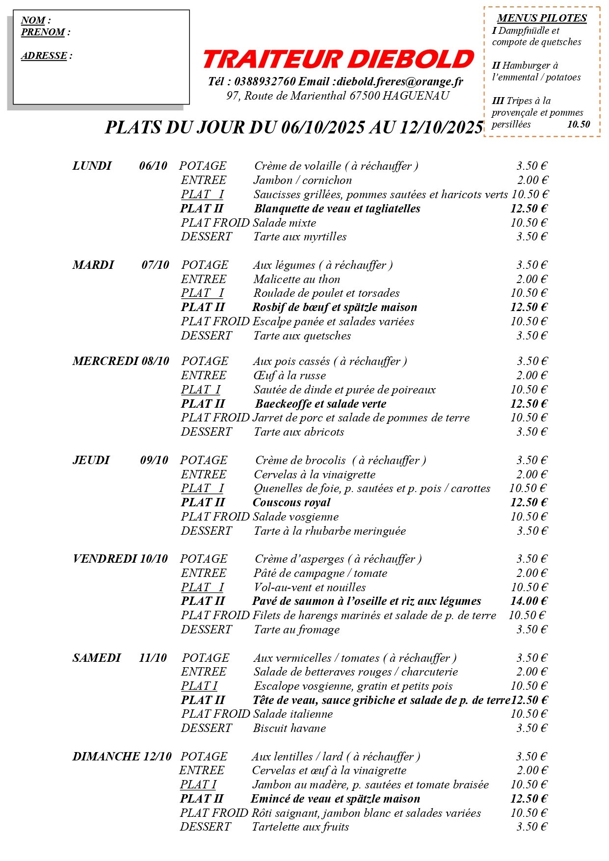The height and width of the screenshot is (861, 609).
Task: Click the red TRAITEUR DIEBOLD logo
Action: click(338, 59)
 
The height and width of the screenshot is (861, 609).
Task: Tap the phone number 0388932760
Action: click(265, 81)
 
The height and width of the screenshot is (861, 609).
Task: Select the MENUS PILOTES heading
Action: click(542, 19)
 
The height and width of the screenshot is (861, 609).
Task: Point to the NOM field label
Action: click(33, 21)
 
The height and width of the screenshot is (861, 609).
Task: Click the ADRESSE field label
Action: click(44, 56)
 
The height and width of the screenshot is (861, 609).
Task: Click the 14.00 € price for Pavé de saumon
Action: click(529, 601)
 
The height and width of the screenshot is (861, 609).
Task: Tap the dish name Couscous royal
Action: click(291, 503)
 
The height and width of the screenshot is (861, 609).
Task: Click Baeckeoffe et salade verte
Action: click(320, 404)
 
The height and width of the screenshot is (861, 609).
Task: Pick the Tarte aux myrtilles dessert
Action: click(300, 237)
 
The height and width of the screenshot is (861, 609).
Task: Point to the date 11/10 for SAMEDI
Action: click(153, 658)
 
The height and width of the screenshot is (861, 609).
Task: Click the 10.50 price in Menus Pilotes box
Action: click(579, 125)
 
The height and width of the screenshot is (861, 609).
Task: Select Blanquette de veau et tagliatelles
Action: click(337, 209)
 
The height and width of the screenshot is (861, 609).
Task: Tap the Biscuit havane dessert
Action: click(290, 729)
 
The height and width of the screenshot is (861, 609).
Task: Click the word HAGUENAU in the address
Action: click(416, 96)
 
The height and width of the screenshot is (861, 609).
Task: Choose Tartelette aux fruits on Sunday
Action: click(300, 827)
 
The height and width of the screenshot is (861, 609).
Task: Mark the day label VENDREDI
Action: click(105, 559)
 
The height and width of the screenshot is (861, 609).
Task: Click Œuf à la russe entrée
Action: click(290, 376)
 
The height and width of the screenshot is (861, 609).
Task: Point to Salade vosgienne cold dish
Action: click(296, 517)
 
